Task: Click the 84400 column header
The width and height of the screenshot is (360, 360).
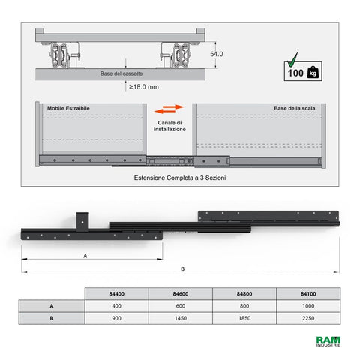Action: coord(117,293)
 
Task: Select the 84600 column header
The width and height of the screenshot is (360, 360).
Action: coord(181,293)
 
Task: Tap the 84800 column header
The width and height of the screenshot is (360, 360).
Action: coord(244,293)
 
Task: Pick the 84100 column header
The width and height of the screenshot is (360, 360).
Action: coord(308,293)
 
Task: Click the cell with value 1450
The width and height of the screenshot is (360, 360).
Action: coord(181,318)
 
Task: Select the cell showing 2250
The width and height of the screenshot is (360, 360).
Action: coord(308,318)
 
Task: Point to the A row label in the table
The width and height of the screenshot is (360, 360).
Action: coord(52,306)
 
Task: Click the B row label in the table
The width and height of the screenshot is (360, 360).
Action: coord(52,318)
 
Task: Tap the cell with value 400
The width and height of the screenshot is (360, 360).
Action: coord(117,306)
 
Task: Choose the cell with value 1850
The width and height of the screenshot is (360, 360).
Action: coord(244,318)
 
